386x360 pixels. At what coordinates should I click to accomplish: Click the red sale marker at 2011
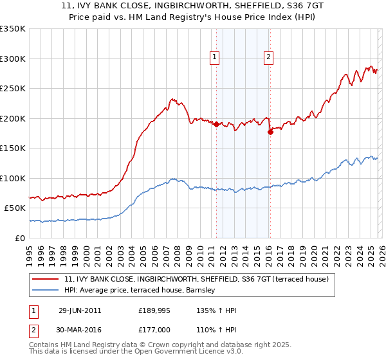(x=216, y=125)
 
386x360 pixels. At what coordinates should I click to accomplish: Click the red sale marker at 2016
(x=270, y=132)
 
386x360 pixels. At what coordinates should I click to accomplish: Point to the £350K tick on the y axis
(x=13, y=29)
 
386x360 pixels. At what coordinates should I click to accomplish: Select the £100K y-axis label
(x=13, y=178)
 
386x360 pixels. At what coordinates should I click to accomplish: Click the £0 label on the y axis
(x=19, y=238)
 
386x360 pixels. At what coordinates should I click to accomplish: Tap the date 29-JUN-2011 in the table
(x=80, y=310)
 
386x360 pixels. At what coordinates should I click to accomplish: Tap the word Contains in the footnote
(x=46, y=345)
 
